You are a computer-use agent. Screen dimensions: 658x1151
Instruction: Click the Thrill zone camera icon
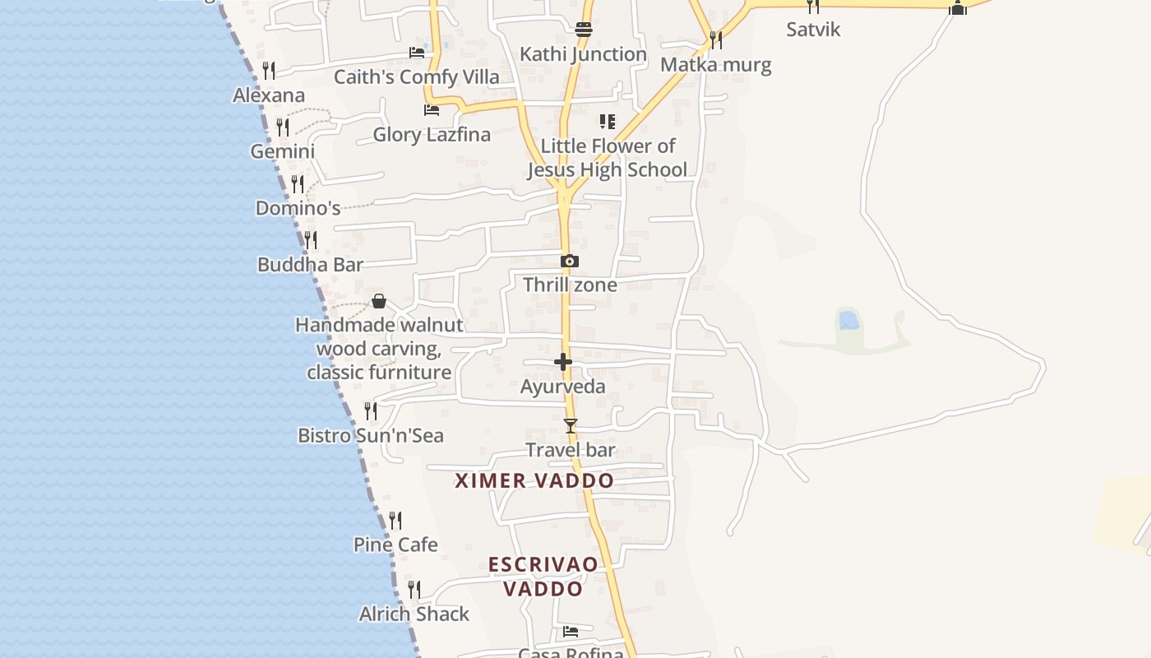click(570, 262)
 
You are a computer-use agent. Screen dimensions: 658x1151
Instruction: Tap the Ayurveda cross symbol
click(563, 362)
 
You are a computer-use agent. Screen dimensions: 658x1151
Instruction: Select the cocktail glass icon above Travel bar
click(571, 425)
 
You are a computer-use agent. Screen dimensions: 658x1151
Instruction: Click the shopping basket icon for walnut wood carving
click(379, 301)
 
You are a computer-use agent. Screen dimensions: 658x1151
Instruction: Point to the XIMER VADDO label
click(534, 481)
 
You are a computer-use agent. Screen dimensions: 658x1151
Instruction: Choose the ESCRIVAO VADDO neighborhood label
click(543, 577)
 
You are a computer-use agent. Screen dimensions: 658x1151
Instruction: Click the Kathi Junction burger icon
click(584, 30)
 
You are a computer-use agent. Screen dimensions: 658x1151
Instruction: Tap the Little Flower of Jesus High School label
click(607, 158)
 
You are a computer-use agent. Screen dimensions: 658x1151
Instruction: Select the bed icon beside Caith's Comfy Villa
click(417, 53)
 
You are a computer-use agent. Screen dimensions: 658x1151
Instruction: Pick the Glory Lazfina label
click(432, 134)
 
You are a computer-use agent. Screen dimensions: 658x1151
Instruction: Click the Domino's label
click(298, 208)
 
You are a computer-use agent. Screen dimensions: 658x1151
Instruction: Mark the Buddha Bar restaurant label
click(310, 265)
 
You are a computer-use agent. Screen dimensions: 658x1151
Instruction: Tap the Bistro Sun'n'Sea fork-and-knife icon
click(371, 410)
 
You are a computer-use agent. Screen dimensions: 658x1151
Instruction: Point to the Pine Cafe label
click(395, 544)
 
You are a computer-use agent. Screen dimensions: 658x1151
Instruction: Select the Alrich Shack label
click(414, 614)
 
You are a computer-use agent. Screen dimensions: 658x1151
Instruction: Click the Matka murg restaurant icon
click(716, 39)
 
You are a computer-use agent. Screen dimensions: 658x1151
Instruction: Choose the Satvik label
click(813, 30)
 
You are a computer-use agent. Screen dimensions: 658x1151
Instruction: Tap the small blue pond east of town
click(848, 319)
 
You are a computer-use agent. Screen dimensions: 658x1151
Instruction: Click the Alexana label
click(269, 95)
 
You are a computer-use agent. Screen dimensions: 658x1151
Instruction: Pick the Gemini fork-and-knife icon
click(283, 127)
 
